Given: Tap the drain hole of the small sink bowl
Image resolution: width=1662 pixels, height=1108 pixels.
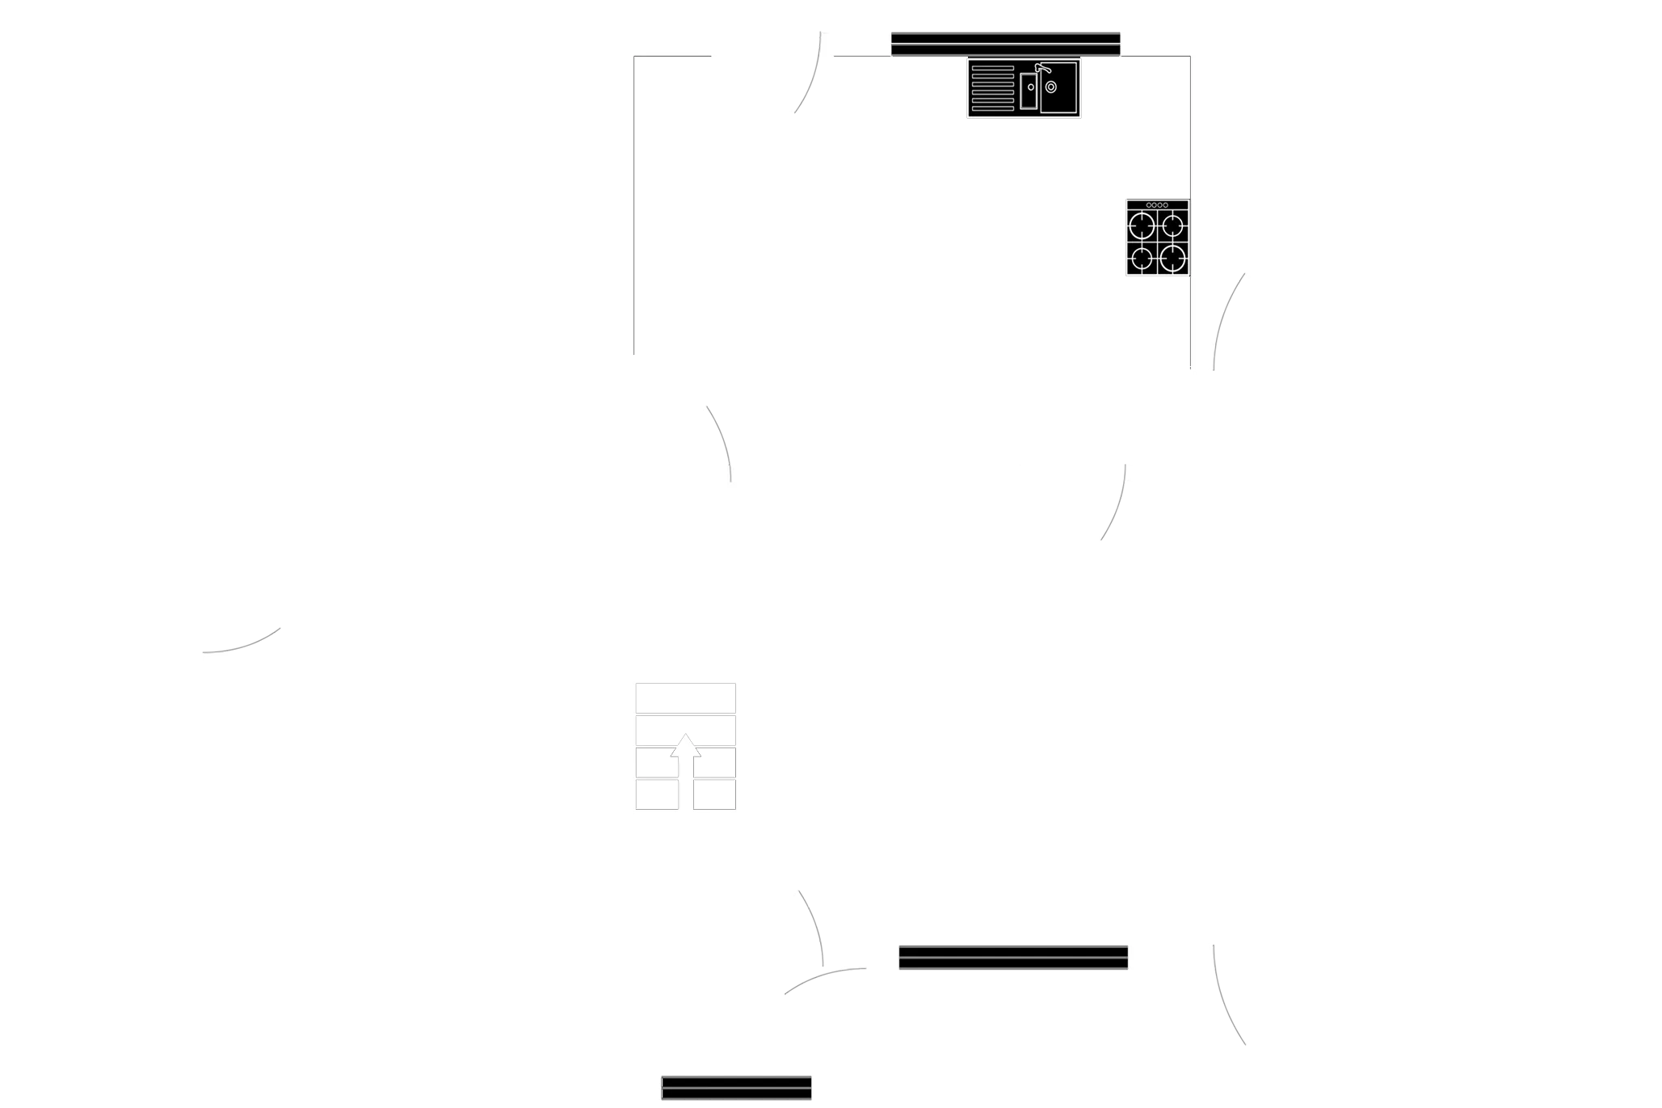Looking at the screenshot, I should pos(1031,87).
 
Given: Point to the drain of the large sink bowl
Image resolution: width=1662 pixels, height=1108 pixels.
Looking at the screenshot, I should pos(1051,86).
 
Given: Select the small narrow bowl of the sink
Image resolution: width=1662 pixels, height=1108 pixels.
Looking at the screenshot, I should pos(1029,91).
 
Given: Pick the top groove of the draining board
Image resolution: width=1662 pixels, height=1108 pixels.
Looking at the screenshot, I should pos(992,69).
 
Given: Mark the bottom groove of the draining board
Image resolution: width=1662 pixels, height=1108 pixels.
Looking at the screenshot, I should pos(992,109).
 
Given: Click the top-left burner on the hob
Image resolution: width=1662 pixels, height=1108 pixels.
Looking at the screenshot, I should pos(1142,225).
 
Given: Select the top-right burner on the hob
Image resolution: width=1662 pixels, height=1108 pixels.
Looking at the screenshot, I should pos(1173,225).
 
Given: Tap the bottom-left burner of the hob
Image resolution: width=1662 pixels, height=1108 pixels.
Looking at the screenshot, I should pos(1142,259).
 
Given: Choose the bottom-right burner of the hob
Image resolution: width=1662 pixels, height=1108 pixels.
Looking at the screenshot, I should pos(1173,259).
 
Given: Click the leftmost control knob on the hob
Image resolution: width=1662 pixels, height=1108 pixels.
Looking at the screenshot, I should pos(1149,205).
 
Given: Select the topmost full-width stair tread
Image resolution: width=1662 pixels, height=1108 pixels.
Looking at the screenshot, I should pos(685,697).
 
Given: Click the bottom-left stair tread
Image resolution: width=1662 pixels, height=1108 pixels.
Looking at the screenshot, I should pos(656,794).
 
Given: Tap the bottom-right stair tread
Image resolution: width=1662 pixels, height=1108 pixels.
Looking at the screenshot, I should pos(714,794).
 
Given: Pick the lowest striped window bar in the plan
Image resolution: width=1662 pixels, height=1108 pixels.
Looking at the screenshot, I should pos(736,1088).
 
